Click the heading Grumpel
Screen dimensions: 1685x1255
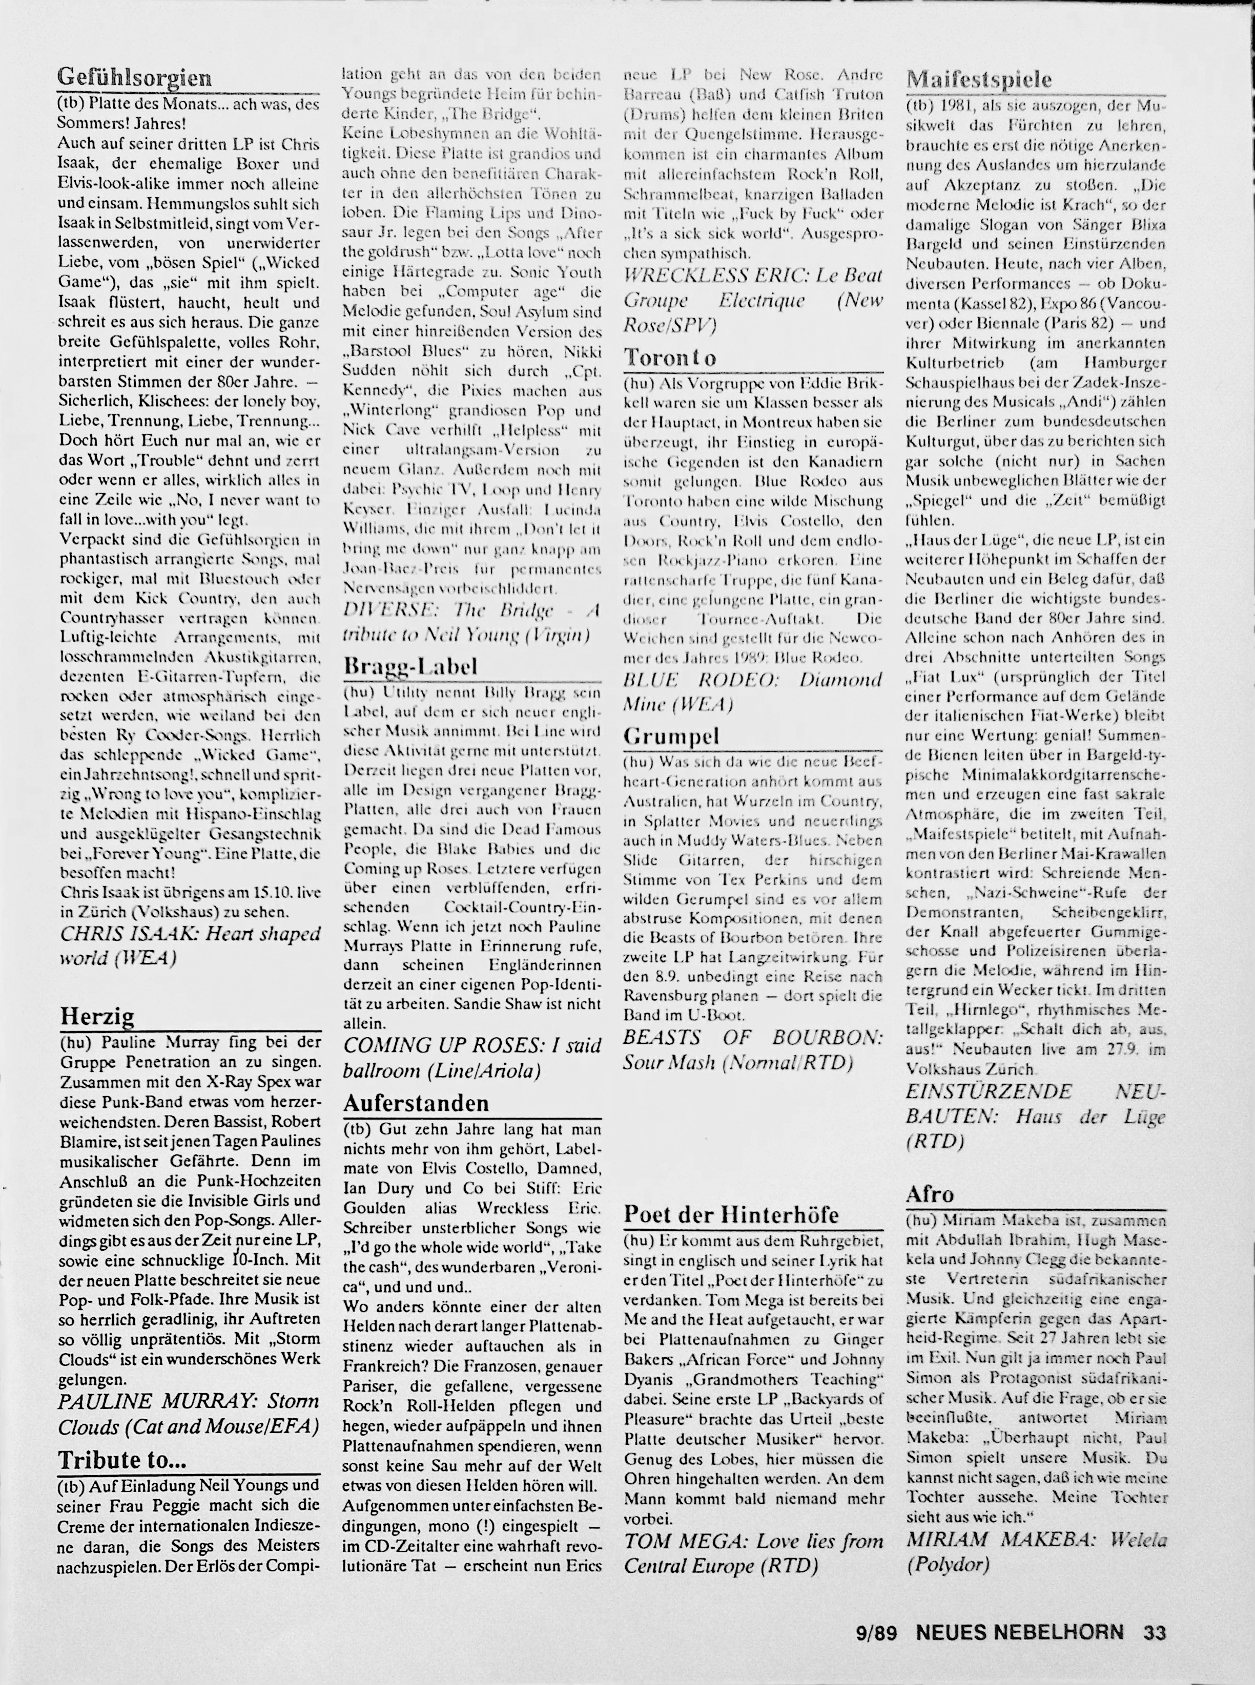click(671, 735)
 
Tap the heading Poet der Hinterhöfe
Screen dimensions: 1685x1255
click(731, 1214)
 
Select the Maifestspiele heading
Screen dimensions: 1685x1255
click(980, 79)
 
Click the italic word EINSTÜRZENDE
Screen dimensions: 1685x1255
click(989, 1092)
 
